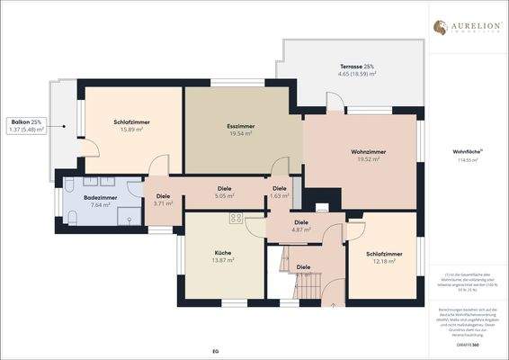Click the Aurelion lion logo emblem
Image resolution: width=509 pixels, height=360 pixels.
pos(441,27)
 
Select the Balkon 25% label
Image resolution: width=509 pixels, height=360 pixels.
pos(25,121)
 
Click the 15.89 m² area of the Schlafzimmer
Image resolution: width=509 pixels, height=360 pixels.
pos(132,130)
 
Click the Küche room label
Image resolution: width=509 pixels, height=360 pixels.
pos(223,253)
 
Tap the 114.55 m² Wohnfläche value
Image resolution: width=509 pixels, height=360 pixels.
pos(466,162)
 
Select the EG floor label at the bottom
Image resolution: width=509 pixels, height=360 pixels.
pos(215,349)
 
